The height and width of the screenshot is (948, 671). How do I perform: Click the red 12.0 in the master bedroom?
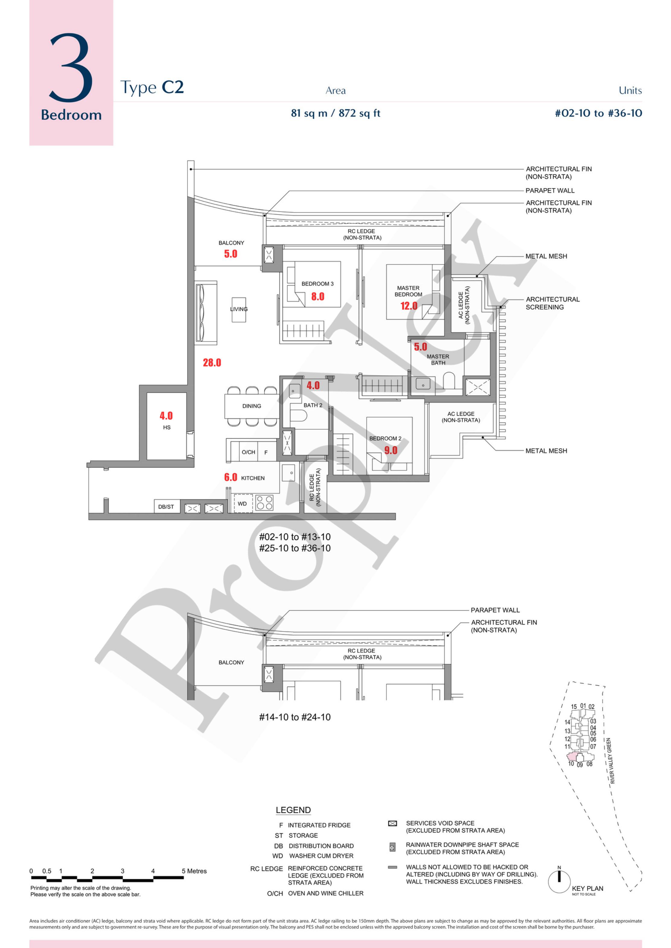point(409,306)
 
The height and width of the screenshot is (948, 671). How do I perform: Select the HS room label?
point(167,427)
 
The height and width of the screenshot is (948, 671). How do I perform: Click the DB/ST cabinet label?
point(166,507)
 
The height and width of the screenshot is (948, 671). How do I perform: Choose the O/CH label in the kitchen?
point(248,452)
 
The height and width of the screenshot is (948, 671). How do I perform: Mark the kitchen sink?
point(288,472)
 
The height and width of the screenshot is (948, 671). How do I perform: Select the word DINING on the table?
point(252,406)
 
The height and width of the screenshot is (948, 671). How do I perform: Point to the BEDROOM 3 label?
point(317,283)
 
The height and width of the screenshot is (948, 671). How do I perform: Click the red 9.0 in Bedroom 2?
point(391,450)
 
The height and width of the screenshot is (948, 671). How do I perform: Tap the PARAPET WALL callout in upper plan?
point(550,191)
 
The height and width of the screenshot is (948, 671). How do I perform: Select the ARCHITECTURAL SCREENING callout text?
point(552,303)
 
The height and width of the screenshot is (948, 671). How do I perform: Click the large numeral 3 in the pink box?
point(71,67)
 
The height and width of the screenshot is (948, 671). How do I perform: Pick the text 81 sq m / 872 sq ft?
point(336,113)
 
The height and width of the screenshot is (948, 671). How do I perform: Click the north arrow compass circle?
point(559,882)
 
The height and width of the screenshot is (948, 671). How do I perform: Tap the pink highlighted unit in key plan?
point(573,757)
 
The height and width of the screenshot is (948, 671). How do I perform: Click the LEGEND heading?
point(293,810)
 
